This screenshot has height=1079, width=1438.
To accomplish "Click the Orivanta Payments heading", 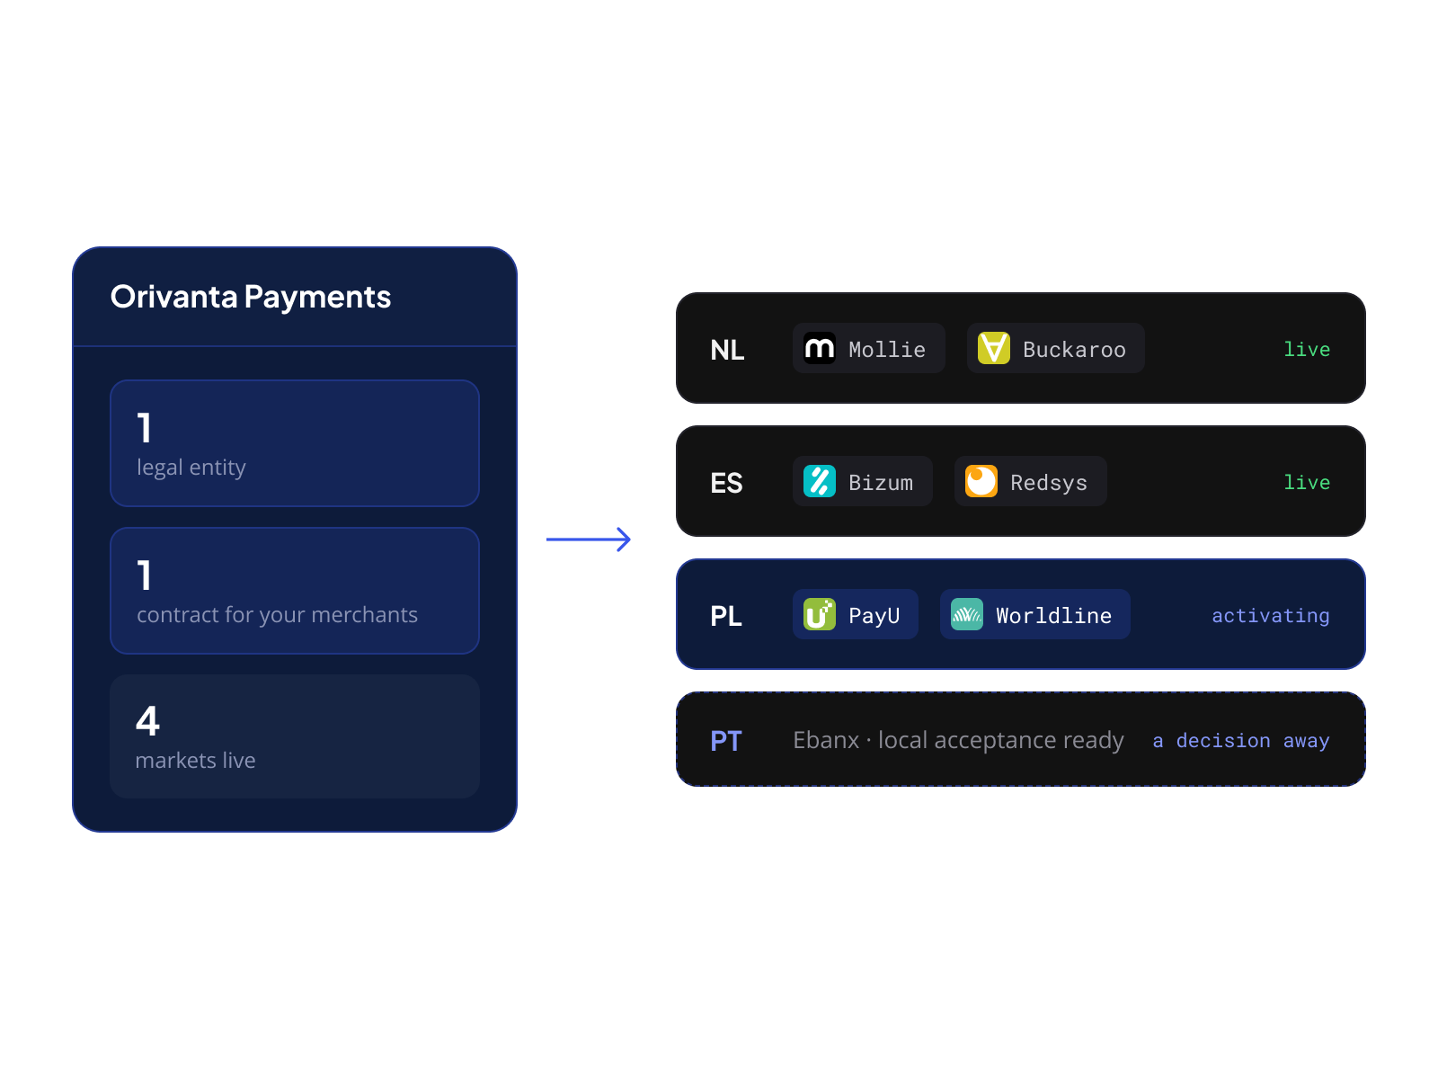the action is pyautogui.click(x=250, y=296).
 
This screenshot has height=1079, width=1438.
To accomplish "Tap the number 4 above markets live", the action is pyautogui.click(x=147, y=720).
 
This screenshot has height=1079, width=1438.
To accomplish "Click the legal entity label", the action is pyautogui.click(x=191, y=467).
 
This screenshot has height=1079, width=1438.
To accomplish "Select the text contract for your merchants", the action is pyautogui.click(x=277, y=614).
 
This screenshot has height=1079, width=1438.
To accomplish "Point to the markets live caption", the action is pyautogui.click(x=194, y=760).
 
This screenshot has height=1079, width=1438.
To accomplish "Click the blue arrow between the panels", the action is pyautogui.click(x=588, y=539).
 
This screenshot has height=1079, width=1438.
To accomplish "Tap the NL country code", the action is pyautogui.click(x=726, y=350).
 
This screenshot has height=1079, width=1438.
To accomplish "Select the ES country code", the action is pyautogui.click(x=726, y=483).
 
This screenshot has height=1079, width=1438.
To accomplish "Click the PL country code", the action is pyautogui.click(x=726, y=616).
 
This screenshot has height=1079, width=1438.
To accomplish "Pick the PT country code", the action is pyautogui.click(x=726, y=741).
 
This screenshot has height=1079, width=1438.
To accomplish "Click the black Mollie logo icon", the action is pyautogui.click(x=819, y=348).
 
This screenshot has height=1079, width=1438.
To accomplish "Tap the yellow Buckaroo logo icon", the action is pyautogui.click(x=993, y=348).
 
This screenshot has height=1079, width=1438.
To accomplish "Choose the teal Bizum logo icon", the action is pyautogui.click(x=819, y=481).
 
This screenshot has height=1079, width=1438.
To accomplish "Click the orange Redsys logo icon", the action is pyautogui.click(x=981, y=481).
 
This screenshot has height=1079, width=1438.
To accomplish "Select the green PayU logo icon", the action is pyautogui.click(x=819, y=614).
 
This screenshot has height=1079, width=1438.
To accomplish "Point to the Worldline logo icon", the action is pyautogui.click(x=966, y=614).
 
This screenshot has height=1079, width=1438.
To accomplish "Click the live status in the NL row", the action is pyautogui.click(x=1306, y=349).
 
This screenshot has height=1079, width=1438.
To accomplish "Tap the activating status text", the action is pyautogui.click(x=1270, y=616).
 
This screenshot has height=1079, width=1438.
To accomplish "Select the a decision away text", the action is pyautogui.click(x=1241, y=741).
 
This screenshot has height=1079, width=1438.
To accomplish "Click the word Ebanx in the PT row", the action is pyautogui.click(x=825, y=740).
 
